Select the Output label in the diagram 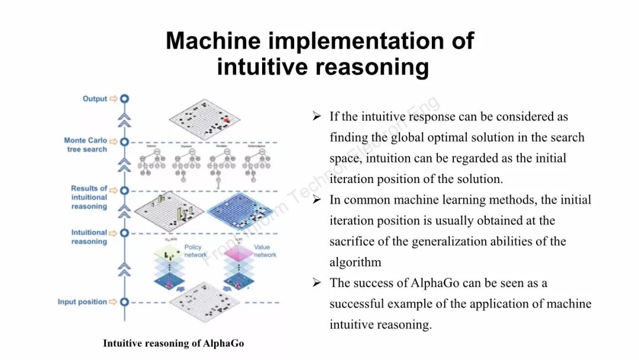click(95, 99)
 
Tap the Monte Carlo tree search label click(86, 145)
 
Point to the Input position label click(82, 302)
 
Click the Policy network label click(193, 251)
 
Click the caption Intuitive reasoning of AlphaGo click(173, 343)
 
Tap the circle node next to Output click(124, 99)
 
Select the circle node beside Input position click(124, 302)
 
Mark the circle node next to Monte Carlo click(124, 142)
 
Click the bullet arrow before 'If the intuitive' click(317, 117)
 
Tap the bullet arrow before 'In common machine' click(317, 200)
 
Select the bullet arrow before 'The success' click(317, 283)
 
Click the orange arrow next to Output click(113, 99)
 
